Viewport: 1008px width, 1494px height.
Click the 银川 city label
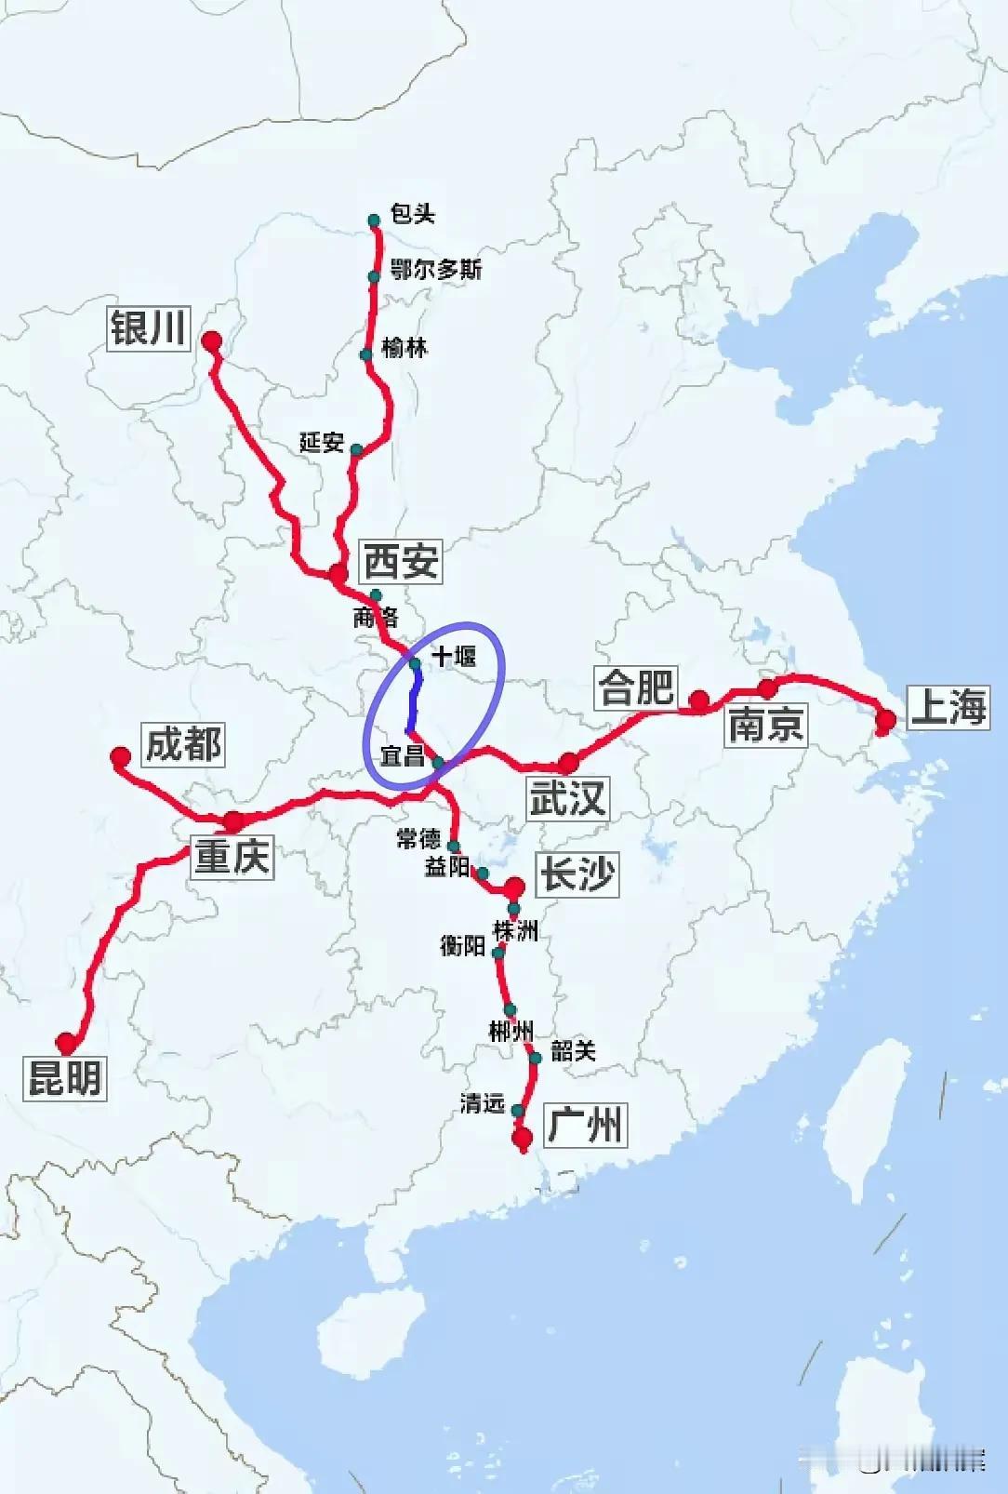tap(149, 327)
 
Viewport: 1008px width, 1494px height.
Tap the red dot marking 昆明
tap(66, 1042)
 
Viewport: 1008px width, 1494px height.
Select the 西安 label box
tap(401, 561)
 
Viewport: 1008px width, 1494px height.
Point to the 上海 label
tap(948, 707)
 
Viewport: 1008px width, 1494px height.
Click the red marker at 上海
tap(886, 719)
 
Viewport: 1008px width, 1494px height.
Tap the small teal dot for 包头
tap(374, 220)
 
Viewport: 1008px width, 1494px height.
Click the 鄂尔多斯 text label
tap(436, 270)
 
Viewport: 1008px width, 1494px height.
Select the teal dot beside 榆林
tap(366, 354)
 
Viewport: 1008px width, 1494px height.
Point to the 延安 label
tap(322, 442)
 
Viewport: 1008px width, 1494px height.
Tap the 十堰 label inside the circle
tap(454, 657)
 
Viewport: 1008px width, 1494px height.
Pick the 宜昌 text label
tap(403, 755)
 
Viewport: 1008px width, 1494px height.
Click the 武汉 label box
tap(567, 798)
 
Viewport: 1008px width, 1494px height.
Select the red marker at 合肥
tap(699, 700)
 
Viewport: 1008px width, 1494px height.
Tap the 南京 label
tap(765, 724)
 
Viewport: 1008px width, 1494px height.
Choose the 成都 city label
tap(183, 744)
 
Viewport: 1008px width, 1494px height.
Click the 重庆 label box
tap(232, 855)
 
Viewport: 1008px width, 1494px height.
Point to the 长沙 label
tap(577, 874)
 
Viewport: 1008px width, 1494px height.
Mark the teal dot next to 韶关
tap(536, 1058)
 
